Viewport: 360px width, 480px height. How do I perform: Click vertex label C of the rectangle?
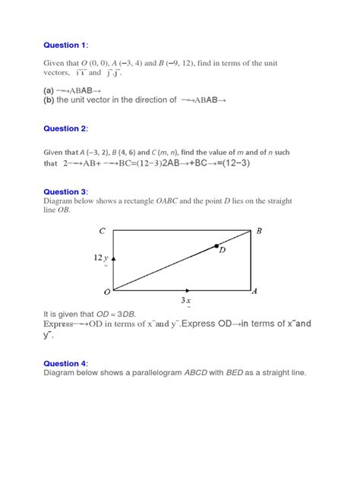(x=102, y=230)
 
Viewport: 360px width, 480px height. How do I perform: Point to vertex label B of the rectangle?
(x=259, y=231)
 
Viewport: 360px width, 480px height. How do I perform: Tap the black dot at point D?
(x=216, y=246)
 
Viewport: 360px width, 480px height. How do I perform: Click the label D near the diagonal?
(x=222, y=257)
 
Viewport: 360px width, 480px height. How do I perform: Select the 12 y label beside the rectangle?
(x=102, y=258)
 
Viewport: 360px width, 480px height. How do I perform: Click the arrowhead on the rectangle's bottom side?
(x=187, y=290)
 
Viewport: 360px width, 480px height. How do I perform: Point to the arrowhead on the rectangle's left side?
(x=115, y=261)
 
